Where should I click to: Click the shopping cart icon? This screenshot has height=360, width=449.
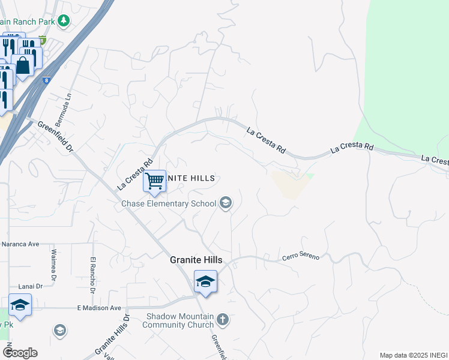155,181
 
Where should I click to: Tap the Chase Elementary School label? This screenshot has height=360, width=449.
169,203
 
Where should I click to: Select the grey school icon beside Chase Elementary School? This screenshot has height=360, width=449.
226,203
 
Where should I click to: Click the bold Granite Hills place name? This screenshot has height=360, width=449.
196,260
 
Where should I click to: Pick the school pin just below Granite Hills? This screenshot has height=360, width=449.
205,281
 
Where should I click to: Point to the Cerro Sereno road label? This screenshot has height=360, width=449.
301,257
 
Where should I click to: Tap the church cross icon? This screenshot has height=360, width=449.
223,319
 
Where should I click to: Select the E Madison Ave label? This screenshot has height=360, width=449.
99,308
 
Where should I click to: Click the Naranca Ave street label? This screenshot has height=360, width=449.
20,244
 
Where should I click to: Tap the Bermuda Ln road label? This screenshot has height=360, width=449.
67,104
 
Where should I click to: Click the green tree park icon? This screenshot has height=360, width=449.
64,22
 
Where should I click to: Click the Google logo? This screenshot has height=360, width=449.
20,353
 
